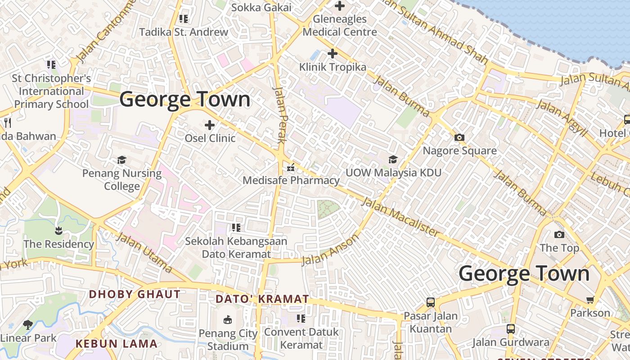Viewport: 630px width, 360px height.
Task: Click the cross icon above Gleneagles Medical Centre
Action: [x=340, y=6]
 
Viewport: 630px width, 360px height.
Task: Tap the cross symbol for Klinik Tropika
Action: [x=332, y=54]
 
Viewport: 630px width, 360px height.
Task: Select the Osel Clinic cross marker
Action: [x=210, y=125]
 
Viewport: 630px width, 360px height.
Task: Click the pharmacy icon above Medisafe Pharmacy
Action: [x=291, y=168]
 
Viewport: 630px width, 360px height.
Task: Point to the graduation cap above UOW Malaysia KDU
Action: [x=393, y=159]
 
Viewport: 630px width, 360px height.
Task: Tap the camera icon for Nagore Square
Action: [x=459, y=138]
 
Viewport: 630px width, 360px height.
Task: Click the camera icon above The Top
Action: [x=559, y=234]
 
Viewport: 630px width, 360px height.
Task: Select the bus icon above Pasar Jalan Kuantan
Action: [x=431, y=302]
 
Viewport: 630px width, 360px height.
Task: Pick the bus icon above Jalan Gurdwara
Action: [x=510, y=329]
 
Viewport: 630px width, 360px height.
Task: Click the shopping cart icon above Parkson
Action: [x=589, y=300]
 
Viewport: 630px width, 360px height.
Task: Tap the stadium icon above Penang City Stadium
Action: [x=228, y=320]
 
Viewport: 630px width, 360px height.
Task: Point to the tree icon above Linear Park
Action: [x=28, y=324]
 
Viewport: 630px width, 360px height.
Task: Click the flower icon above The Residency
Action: [x=58, y=231]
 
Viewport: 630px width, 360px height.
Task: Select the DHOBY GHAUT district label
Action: [x=135, y=295]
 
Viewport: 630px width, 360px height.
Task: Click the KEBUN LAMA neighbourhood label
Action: [x=117, y=344]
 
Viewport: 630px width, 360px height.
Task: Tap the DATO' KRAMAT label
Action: [x=262, y=299]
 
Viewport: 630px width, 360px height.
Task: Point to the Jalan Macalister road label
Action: [x=400, y=217]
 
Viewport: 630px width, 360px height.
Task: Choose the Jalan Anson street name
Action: [x=330, y=249]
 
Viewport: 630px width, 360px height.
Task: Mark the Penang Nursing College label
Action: [x=121, y=180]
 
